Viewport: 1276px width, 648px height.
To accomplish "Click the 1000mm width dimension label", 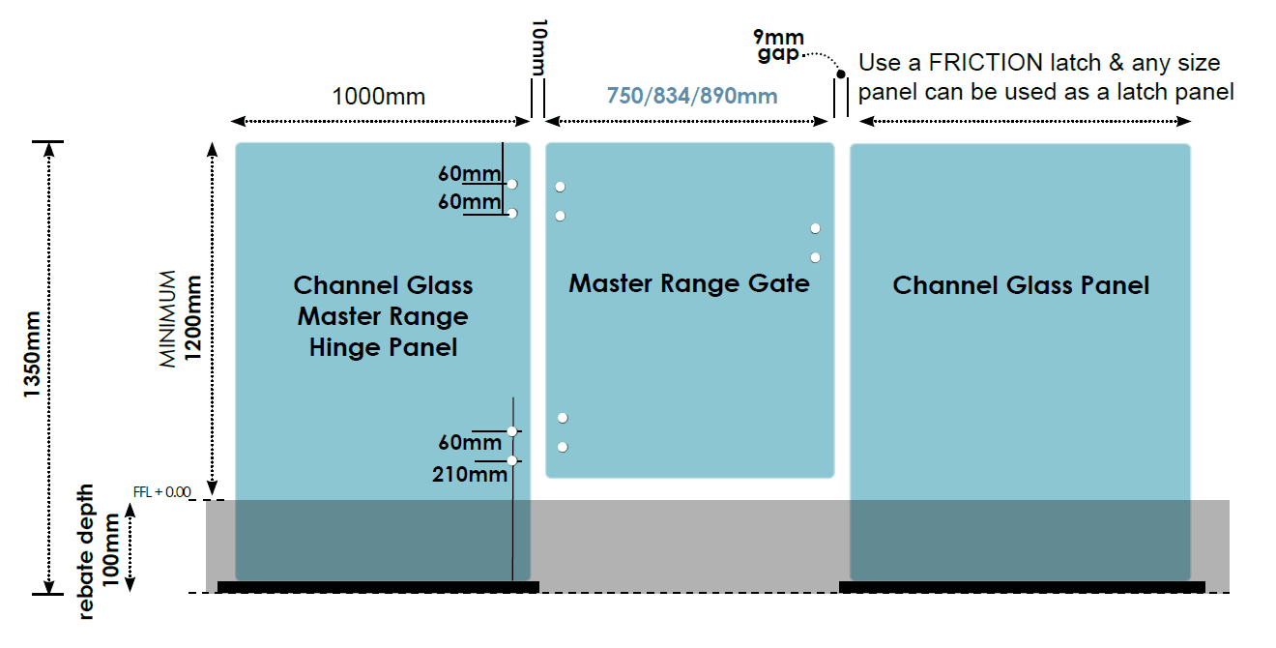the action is pyautogui.click(x=379, y=97).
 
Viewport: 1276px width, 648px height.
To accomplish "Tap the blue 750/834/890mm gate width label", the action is pyautogui.click(x=692, y=96).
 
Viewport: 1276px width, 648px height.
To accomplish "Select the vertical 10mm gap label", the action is pyautogui.click(x=539, y=47).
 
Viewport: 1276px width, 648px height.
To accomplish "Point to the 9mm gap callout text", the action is pyautogui.click(x=779, y=45).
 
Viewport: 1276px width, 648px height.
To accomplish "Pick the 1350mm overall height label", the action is pyautogui.click(x=32, y=354).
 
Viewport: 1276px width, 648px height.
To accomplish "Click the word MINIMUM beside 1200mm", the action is pyautogui.click(x=167, y=319).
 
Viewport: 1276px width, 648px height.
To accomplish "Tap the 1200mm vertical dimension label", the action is pyautogui.click(x=193, y=318).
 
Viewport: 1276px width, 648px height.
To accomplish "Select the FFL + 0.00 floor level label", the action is pyautogui.click(x=161, y=492).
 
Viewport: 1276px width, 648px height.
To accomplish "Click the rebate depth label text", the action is pyautogui.click(x=85, y=551).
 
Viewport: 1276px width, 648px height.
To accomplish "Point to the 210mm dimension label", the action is pyautogui.click(x=470, y=474).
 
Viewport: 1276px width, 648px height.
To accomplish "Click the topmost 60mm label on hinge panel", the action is pyautogui.click(x=470, y=173).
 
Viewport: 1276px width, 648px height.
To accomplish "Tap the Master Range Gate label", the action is pyautogui.click(x=689, y=283).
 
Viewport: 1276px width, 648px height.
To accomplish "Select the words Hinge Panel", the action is pyautogui.click(x=384, y=347).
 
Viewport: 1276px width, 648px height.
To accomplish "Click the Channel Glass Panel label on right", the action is pyautogui.click(x=1021, y=285).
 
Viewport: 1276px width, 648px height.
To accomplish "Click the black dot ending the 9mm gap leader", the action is pyautogui.click(x=841, y=74).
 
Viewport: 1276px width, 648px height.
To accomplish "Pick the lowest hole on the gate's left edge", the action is pyautogui.click(x=563, y=448).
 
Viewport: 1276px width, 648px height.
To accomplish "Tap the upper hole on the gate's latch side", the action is pyautogui.click(x=816, y=228).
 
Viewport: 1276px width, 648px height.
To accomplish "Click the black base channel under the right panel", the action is pyautogui.click(x=1022, y=587).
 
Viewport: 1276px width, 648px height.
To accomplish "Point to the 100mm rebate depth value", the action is pyautogui.click(x=110, y=550).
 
